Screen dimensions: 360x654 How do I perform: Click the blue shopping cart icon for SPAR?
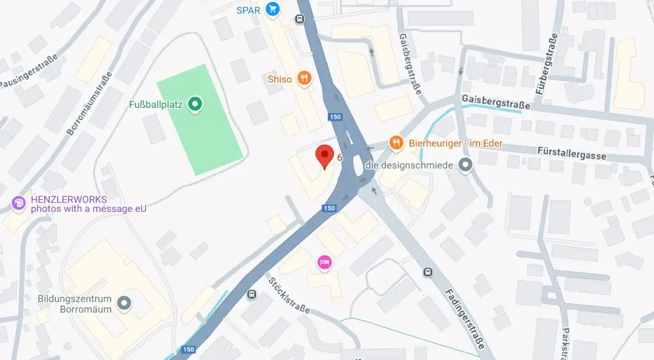(273, 9)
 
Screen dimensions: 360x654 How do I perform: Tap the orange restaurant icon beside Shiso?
(304, 79)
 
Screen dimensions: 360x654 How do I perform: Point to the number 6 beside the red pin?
(340, 157)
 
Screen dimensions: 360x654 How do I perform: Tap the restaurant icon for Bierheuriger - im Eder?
(397, 143)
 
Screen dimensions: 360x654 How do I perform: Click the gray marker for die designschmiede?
(466, 166)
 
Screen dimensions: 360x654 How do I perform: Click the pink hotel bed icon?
(324, 262)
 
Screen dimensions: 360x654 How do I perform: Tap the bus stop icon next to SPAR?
(299, 19)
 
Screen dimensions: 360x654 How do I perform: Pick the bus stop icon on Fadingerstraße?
(427, 272)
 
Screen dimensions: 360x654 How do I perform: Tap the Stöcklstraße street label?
(289, 295)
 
